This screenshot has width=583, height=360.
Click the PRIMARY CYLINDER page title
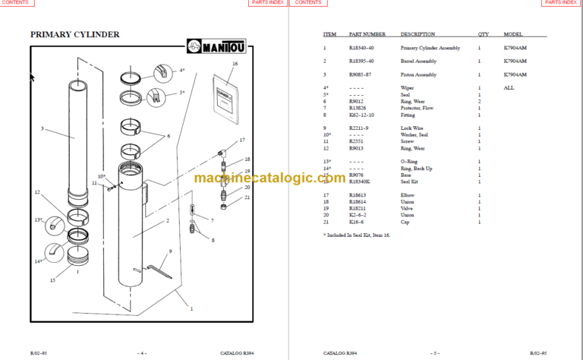coord(74,35)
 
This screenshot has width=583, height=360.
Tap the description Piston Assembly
coord(420,74)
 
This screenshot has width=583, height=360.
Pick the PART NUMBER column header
coord(367,34)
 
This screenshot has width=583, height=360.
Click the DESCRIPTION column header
coord(418,34)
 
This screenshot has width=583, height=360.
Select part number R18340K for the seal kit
coord(363,182)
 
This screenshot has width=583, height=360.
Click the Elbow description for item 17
coord(408,196)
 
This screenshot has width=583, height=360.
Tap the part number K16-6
coord(357,223)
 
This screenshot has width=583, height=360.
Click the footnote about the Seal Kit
coord(362,236)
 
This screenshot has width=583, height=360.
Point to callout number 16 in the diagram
coord(235,64)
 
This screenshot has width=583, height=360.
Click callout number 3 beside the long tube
coord(43,128)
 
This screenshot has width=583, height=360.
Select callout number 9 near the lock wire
coord(170,251)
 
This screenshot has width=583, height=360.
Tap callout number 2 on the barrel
coord(166,222)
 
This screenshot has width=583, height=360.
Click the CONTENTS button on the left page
coord(15,3)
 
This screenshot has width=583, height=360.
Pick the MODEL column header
coord(513,34)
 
